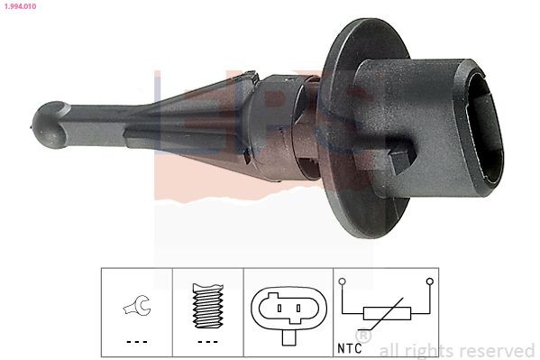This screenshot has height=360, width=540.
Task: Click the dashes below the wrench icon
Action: pos(136,341)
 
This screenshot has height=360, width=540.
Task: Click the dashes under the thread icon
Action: pos(207,341)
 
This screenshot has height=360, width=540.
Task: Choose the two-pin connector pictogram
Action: pos(287,312)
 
